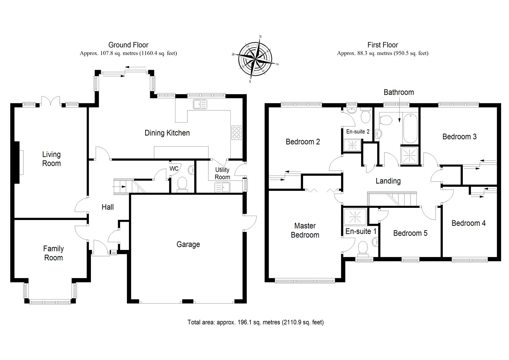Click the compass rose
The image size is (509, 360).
click(x=256, y=59)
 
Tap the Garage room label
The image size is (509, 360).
click(x=188, y=245)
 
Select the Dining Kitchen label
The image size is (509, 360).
click(x=167, y=133)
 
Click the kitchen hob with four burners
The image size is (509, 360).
click(x=237, y=132)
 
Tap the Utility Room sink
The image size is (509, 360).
click(x=222, y=186)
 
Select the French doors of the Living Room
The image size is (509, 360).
click(x=51, y=101)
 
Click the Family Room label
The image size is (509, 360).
click(x=53, y=253)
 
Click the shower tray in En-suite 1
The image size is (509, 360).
click(x=355, y=216)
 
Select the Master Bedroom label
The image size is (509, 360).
click(x=305, y=230)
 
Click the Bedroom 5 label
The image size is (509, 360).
click(x=410, y=233)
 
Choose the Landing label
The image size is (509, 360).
click(x=388, y=181)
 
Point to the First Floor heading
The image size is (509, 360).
click(x=382, y=45)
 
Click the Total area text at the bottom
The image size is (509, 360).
click(x=255, y=322)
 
